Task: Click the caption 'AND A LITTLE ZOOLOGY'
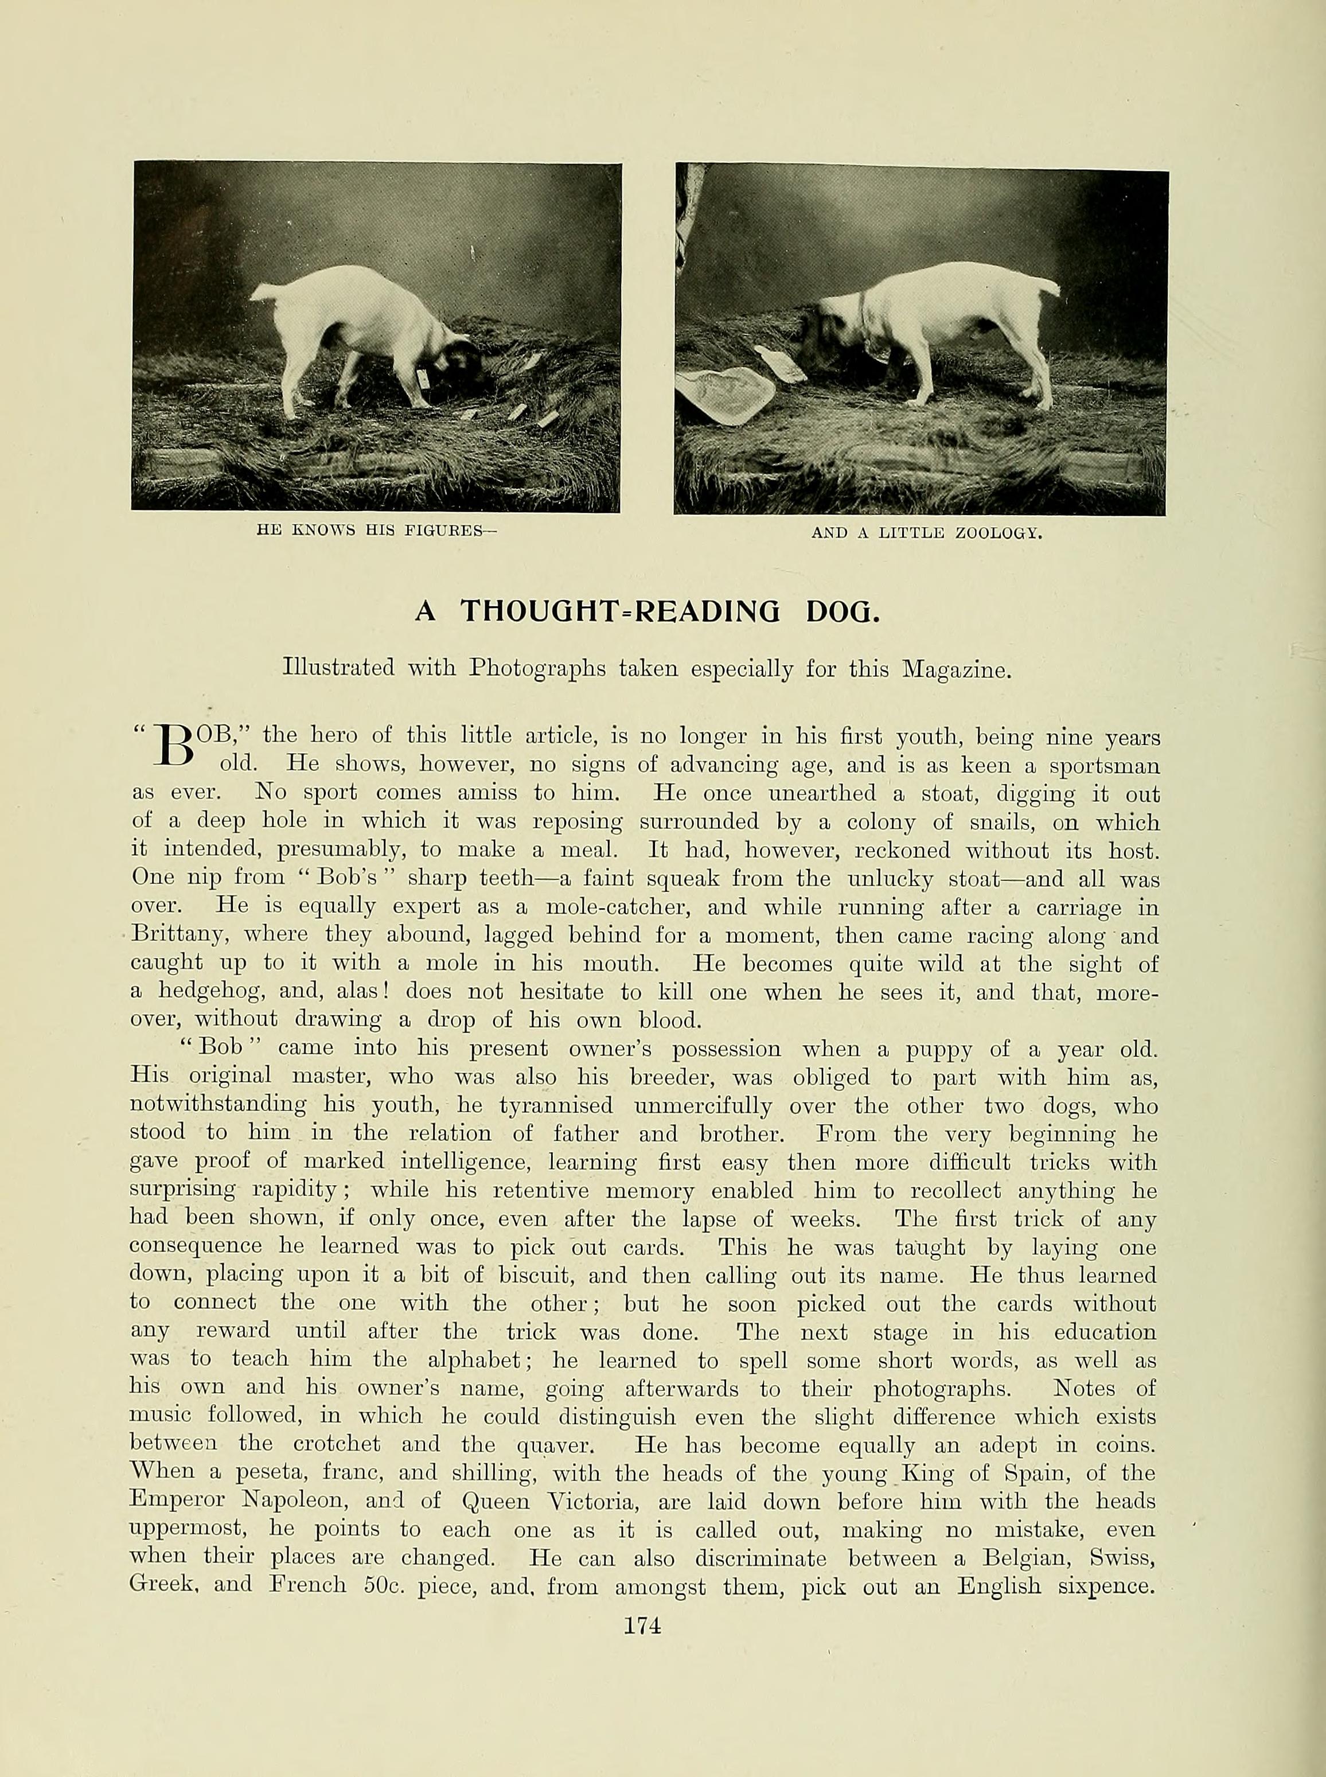point(926,532)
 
